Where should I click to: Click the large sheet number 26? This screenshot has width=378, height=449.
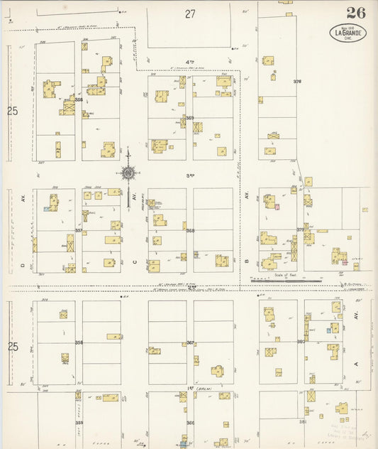[x=357, y=13]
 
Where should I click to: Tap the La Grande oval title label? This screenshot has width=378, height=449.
[x=348, y=33]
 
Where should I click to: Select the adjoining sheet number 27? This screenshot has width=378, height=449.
[x=189, y=13]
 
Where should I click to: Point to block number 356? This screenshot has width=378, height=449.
[x=79, y=100]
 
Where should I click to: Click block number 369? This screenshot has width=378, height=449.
[x=189, y=118]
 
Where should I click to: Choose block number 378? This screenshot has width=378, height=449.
[x=297, y=82]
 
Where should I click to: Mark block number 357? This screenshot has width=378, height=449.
[x=79, y=230]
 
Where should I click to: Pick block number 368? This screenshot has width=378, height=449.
[x=189, y=230]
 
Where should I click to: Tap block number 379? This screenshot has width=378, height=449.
[x=301, y=229]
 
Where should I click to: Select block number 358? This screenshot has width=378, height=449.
[x=79, y=342]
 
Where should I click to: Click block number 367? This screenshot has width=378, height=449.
[x=189, y=342]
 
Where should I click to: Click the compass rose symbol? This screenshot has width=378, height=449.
[x=128, y=173]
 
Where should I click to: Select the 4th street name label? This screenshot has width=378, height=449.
[x=189, y=63]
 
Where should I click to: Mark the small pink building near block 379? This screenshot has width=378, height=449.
[x=277, y=207]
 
